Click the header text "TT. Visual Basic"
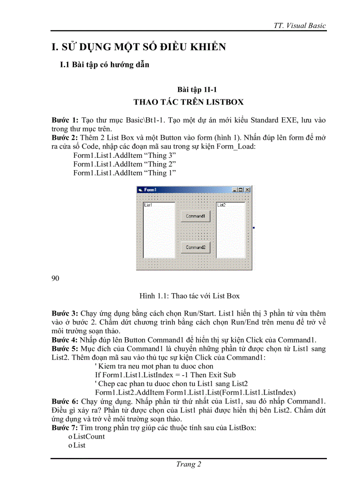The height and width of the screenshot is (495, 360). point(300,26)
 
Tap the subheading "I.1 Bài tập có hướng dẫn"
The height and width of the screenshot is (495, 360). point(105,65)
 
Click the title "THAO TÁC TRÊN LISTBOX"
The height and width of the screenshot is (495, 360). point(188,102)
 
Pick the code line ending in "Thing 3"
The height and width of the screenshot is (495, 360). point(124,156)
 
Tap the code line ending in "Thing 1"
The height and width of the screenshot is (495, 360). point(124,173)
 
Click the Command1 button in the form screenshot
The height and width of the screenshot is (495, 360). point(195,216)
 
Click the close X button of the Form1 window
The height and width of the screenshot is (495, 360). point(247,190)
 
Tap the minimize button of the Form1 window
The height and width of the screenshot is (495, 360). point(235,190)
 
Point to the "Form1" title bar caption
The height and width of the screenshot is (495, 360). point(150,190)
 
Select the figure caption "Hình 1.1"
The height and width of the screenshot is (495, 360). point(189,296)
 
